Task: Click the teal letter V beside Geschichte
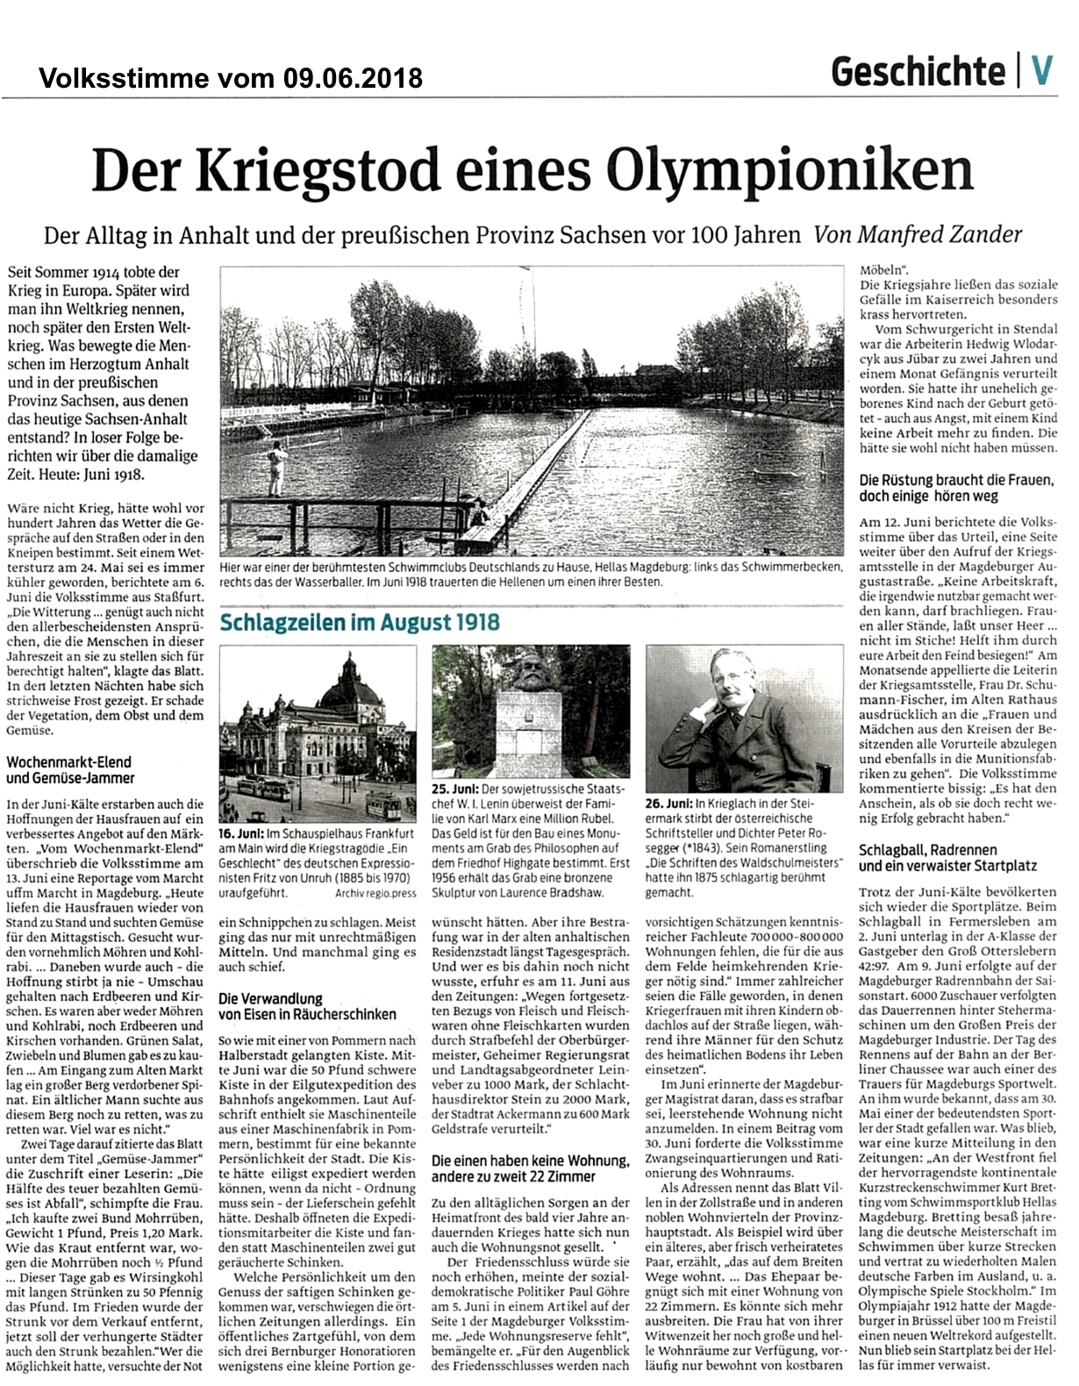click(x=1041, y=70)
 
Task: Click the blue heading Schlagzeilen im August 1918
click(x=359, y=623)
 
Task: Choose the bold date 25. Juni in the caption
click(x=453, y=789)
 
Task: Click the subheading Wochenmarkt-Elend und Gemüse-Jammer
click(x=70, y=770)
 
